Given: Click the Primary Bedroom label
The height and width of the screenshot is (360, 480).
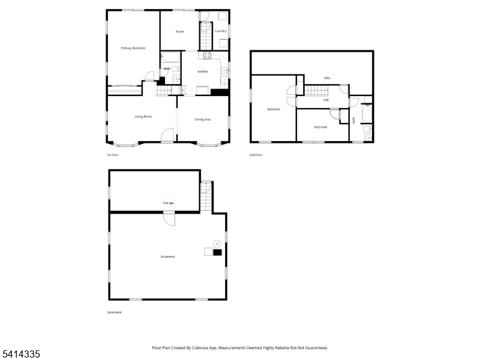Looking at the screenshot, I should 133,48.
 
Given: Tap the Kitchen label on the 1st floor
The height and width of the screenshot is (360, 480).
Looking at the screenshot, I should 203,72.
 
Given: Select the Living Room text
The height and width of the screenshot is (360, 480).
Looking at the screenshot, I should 143,116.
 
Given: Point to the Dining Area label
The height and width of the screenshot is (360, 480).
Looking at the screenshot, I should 203,119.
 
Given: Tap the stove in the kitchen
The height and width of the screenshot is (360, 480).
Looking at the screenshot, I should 207,56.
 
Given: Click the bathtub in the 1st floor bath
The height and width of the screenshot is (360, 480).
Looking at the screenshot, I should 170,58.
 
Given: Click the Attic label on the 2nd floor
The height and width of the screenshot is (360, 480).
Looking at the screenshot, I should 328,78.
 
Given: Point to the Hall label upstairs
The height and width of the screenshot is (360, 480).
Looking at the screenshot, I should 326,100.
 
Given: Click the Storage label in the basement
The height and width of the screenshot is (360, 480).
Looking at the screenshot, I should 168,203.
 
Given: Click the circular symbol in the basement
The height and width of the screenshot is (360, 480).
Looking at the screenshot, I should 217,244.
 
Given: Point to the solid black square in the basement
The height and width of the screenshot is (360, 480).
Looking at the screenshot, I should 217,252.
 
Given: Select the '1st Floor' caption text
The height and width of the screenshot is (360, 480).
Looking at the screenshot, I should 113,155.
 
